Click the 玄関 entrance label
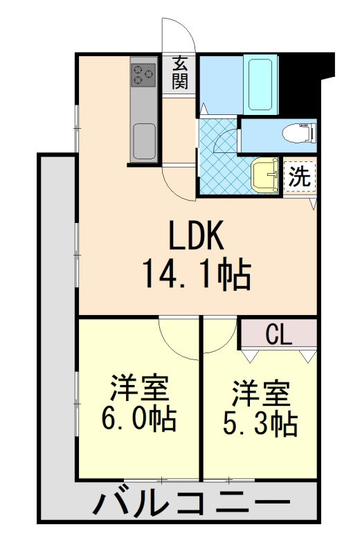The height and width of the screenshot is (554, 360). (x=180, y=73)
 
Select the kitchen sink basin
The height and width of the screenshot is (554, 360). (x=144, y=136)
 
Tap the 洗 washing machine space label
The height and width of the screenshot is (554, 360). (x=299, y=175)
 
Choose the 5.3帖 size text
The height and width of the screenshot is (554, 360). (x=260, y=423)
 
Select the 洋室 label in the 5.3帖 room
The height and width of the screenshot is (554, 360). (x=260, y=393)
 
